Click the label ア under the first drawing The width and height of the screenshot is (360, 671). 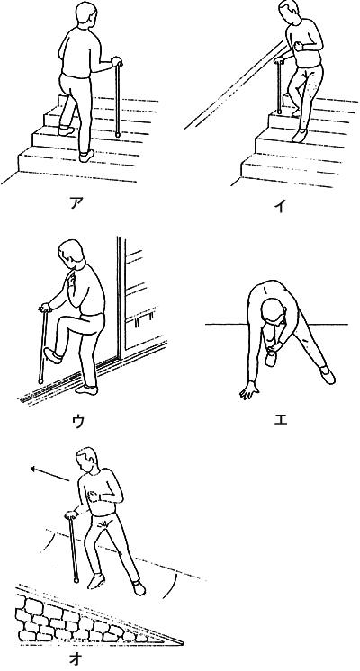tap(76, 202)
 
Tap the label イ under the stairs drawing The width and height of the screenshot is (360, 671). tap(280, 206)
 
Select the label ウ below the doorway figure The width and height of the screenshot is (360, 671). tap(77, 422)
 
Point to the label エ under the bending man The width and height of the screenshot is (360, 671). tap(281, 419)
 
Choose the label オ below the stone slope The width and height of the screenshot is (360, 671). tap(76, 658)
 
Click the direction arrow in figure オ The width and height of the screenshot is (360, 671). tap(49, 474)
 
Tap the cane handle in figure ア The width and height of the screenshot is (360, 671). tap(117, 62)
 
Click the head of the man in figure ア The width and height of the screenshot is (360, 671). tap(85, 15)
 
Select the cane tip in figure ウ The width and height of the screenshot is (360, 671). tap(40, 380)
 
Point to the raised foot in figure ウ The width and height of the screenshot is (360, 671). tap(53, 355)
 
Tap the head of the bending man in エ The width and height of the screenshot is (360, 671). tap(272, 310)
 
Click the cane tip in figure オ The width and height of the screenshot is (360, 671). tap(76, 580)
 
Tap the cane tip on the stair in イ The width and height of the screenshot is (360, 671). tap(279, 112)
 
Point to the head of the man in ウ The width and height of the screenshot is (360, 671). tap(71, 254)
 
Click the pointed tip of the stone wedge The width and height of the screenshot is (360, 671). tap(182, 643)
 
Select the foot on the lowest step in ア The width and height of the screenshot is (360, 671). tap(86, 156)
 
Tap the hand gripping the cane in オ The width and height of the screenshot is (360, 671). tap(70, 514)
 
